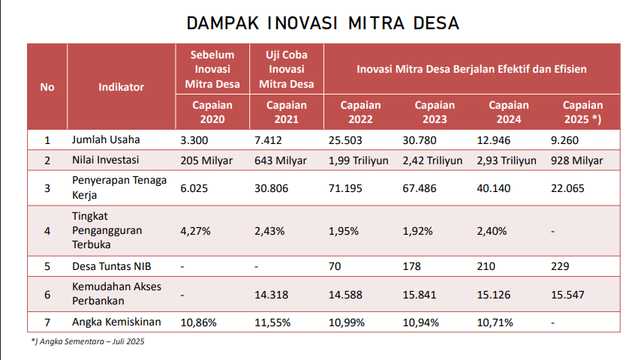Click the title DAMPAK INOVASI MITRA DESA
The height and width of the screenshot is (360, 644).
[x=323, y=23]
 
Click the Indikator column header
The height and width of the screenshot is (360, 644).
[x=121, y=87]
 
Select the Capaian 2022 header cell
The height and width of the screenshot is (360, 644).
[x=360, y=112]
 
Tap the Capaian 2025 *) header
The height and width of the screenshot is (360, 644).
[x=582, y=112]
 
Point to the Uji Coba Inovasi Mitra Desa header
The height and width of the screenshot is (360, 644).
[x=286, y=69]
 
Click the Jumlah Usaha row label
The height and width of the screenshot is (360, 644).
[x=106, y=139]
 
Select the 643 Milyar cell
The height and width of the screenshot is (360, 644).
[x=281, y=160]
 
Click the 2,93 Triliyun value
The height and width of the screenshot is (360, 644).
[x=507, y=160]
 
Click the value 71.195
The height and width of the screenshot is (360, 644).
[x=345, y=187]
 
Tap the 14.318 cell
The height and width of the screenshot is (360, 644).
[x=272, y=295]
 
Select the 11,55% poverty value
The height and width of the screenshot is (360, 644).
[x=272, y=322]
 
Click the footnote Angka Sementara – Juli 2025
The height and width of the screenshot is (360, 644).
[x=88, y=342]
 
